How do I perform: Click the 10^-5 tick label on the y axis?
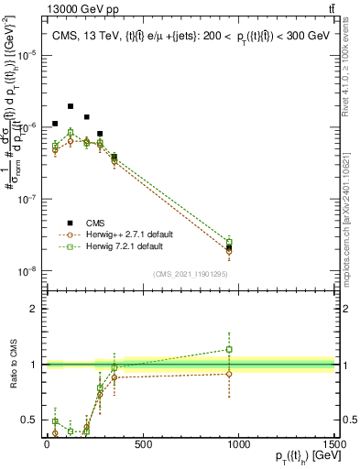point(26,55)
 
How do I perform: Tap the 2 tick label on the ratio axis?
point(33,309)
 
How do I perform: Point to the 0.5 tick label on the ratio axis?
point(28,420)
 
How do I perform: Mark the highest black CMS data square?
point(71,106)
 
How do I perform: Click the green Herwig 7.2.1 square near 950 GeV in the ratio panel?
point(229,349)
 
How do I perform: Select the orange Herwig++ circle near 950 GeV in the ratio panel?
point(229,374)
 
